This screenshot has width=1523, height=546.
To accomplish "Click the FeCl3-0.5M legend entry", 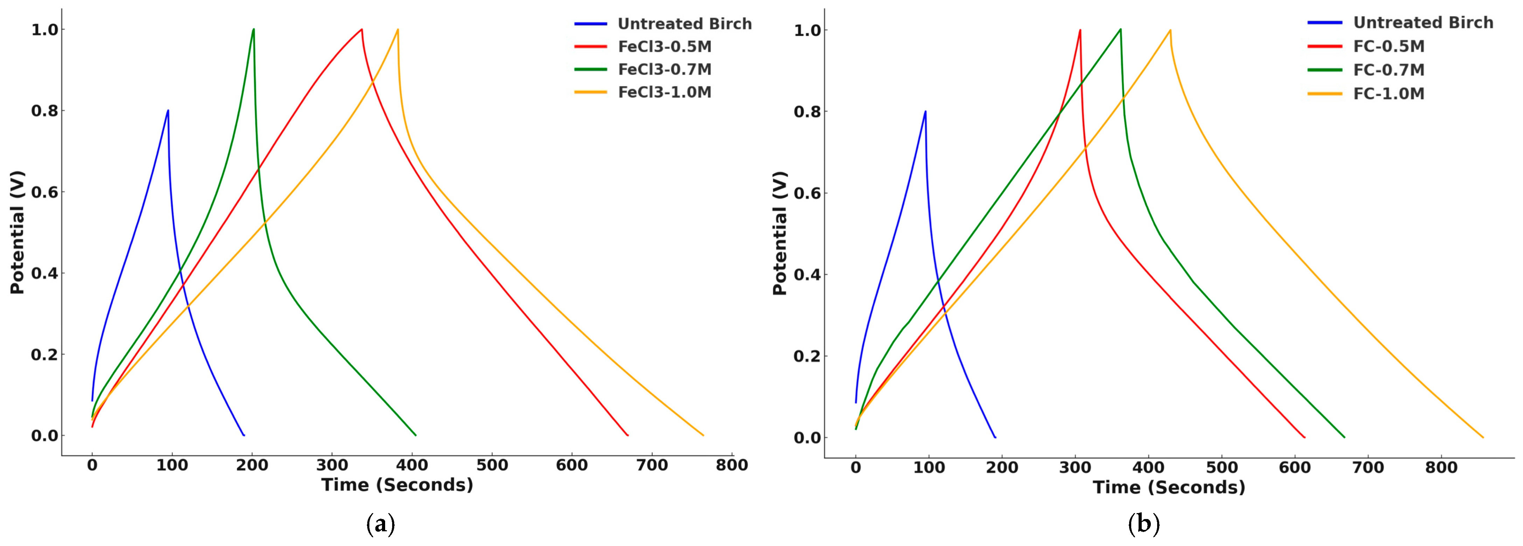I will click(665, 47).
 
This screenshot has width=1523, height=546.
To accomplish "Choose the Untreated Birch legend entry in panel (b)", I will click(1423, 23).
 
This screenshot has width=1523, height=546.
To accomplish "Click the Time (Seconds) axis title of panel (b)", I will click(1169, 488).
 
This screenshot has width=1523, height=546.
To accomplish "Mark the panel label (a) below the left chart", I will click(381, 525).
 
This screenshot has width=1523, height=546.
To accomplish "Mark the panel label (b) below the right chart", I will click(1143, 525).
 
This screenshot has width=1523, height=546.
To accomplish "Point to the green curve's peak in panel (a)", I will click(253, 29).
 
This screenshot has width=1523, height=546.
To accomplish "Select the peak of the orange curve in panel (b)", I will click(1169, 30).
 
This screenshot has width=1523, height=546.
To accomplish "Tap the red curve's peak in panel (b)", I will click(1080, 30).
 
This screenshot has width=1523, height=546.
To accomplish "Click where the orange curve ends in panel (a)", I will click(703, 435).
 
